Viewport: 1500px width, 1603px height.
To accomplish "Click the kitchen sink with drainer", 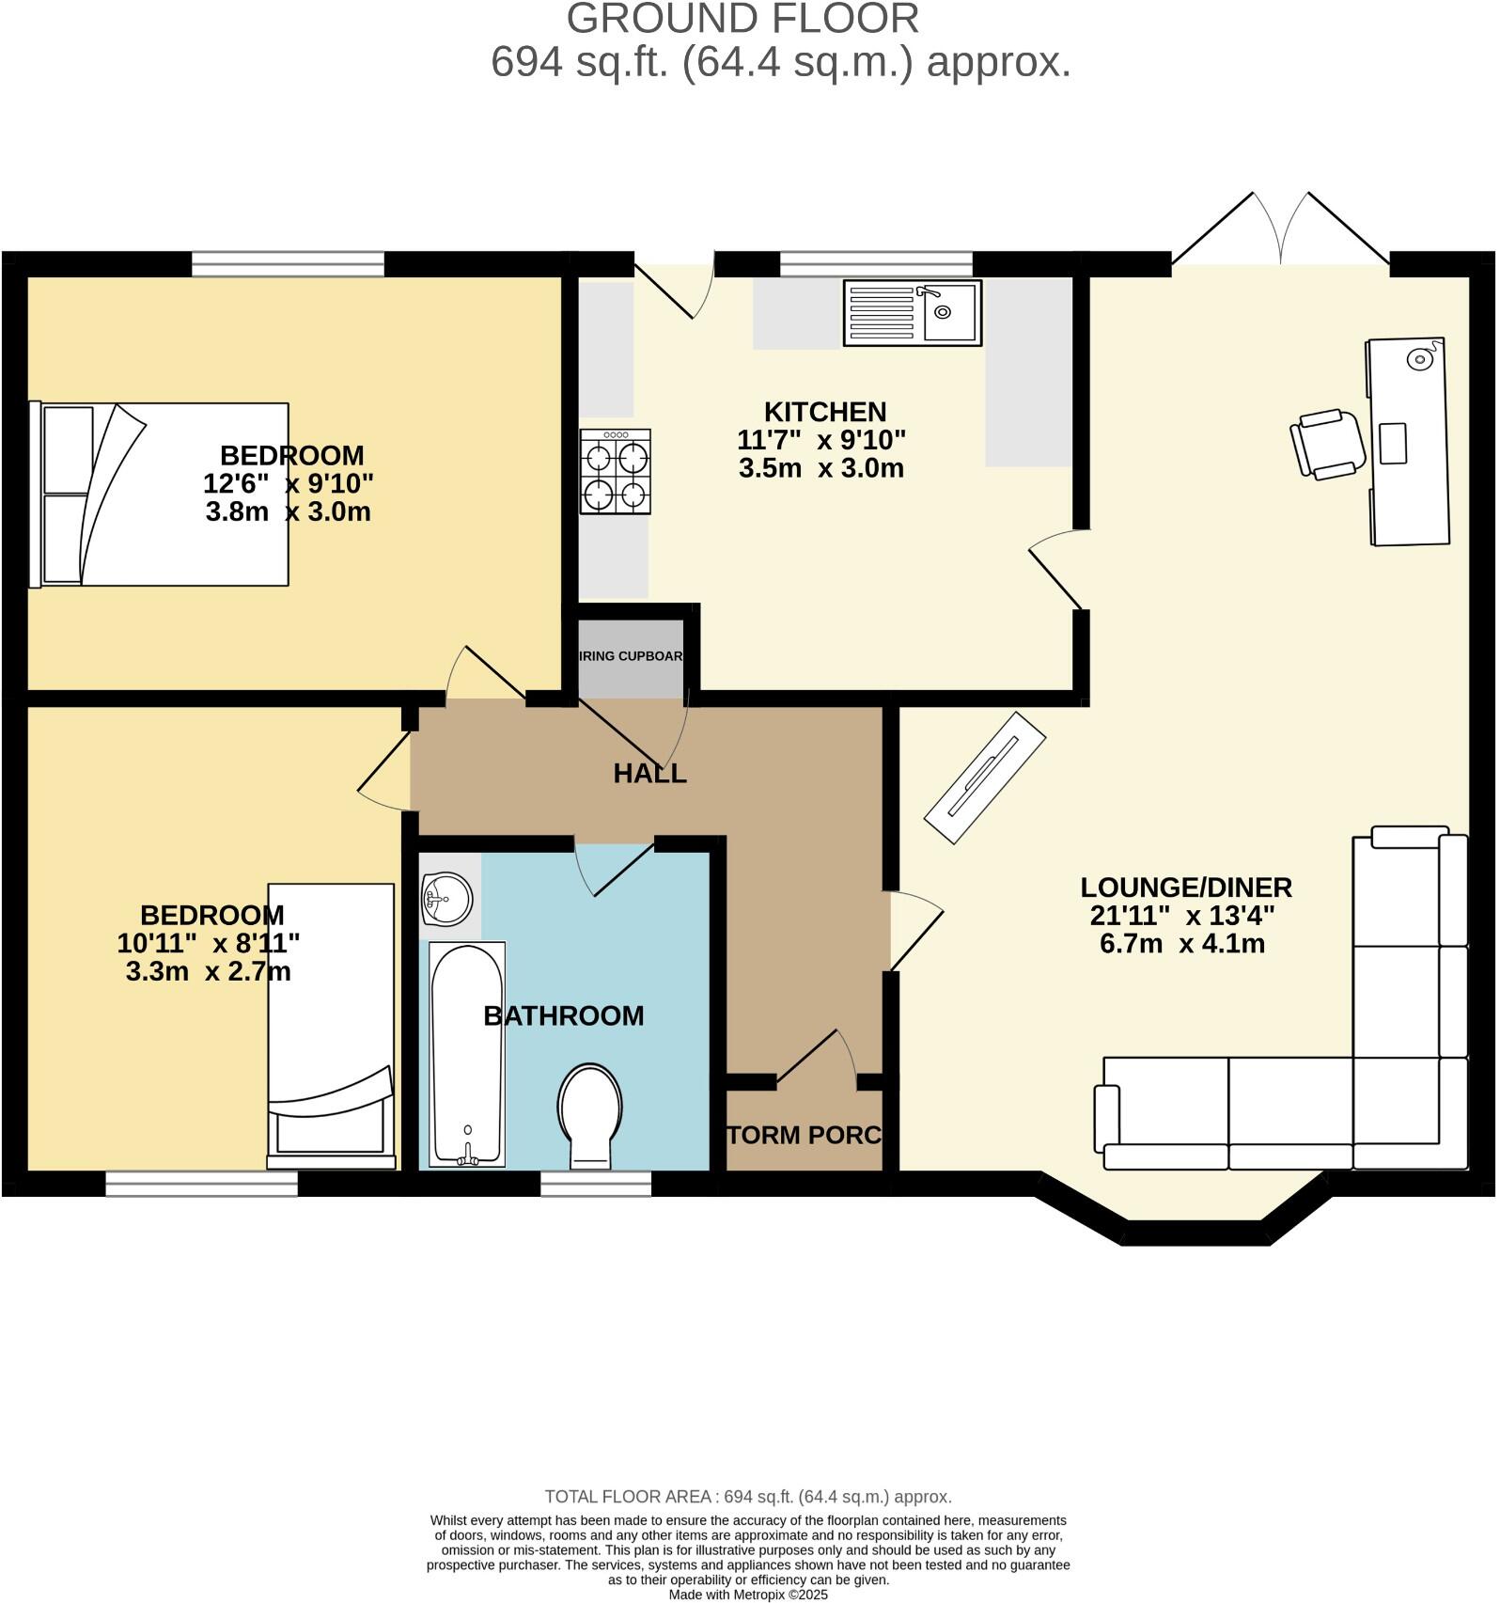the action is point(912,313).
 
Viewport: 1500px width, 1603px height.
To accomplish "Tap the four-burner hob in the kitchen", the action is point(616,471).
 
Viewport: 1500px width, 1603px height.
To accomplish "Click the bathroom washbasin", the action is point(447,899).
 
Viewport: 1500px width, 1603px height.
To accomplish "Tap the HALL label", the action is point(649,774).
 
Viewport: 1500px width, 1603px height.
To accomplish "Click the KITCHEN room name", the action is point(824,412).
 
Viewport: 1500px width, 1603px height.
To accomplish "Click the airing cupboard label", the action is point(630,656).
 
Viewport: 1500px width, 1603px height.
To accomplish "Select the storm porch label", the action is point(805,1135).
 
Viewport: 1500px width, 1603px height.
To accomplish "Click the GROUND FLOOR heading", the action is point(742,19).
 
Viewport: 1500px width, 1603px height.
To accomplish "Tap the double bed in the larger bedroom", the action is point(160,495).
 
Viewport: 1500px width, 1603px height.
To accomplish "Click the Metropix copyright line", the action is point(748,1595).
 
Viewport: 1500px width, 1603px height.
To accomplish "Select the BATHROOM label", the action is point(563,1015).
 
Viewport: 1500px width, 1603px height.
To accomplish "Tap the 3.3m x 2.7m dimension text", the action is point(208,971).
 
